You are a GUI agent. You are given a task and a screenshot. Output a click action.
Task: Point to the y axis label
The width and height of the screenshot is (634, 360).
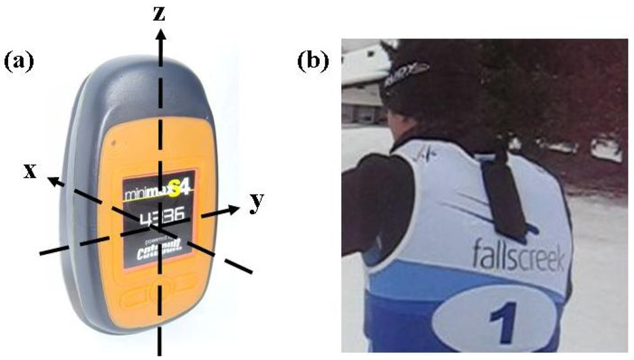click(x=257, y=202)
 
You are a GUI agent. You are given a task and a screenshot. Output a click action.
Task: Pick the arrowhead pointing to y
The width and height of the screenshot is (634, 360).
click(x=234, y=209)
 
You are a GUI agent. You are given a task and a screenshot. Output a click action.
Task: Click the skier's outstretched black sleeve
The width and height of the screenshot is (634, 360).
click(x=371, y=203)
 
